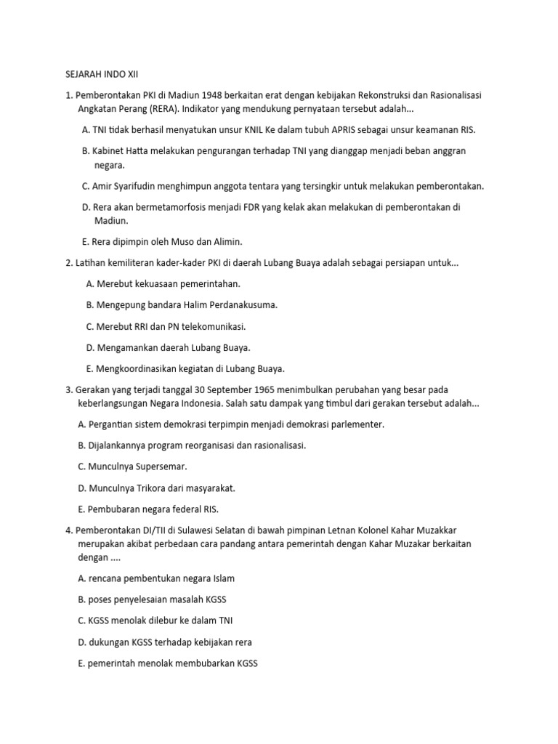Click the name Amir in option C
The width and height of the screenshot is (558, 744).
click(104, 186)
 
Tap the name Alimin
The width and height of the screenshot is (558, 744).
click(225, 242)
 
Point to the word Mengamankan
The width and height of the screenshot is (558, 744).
click(122, 347)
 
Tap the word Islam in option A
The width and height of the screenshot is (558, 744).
click(222, 578)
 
